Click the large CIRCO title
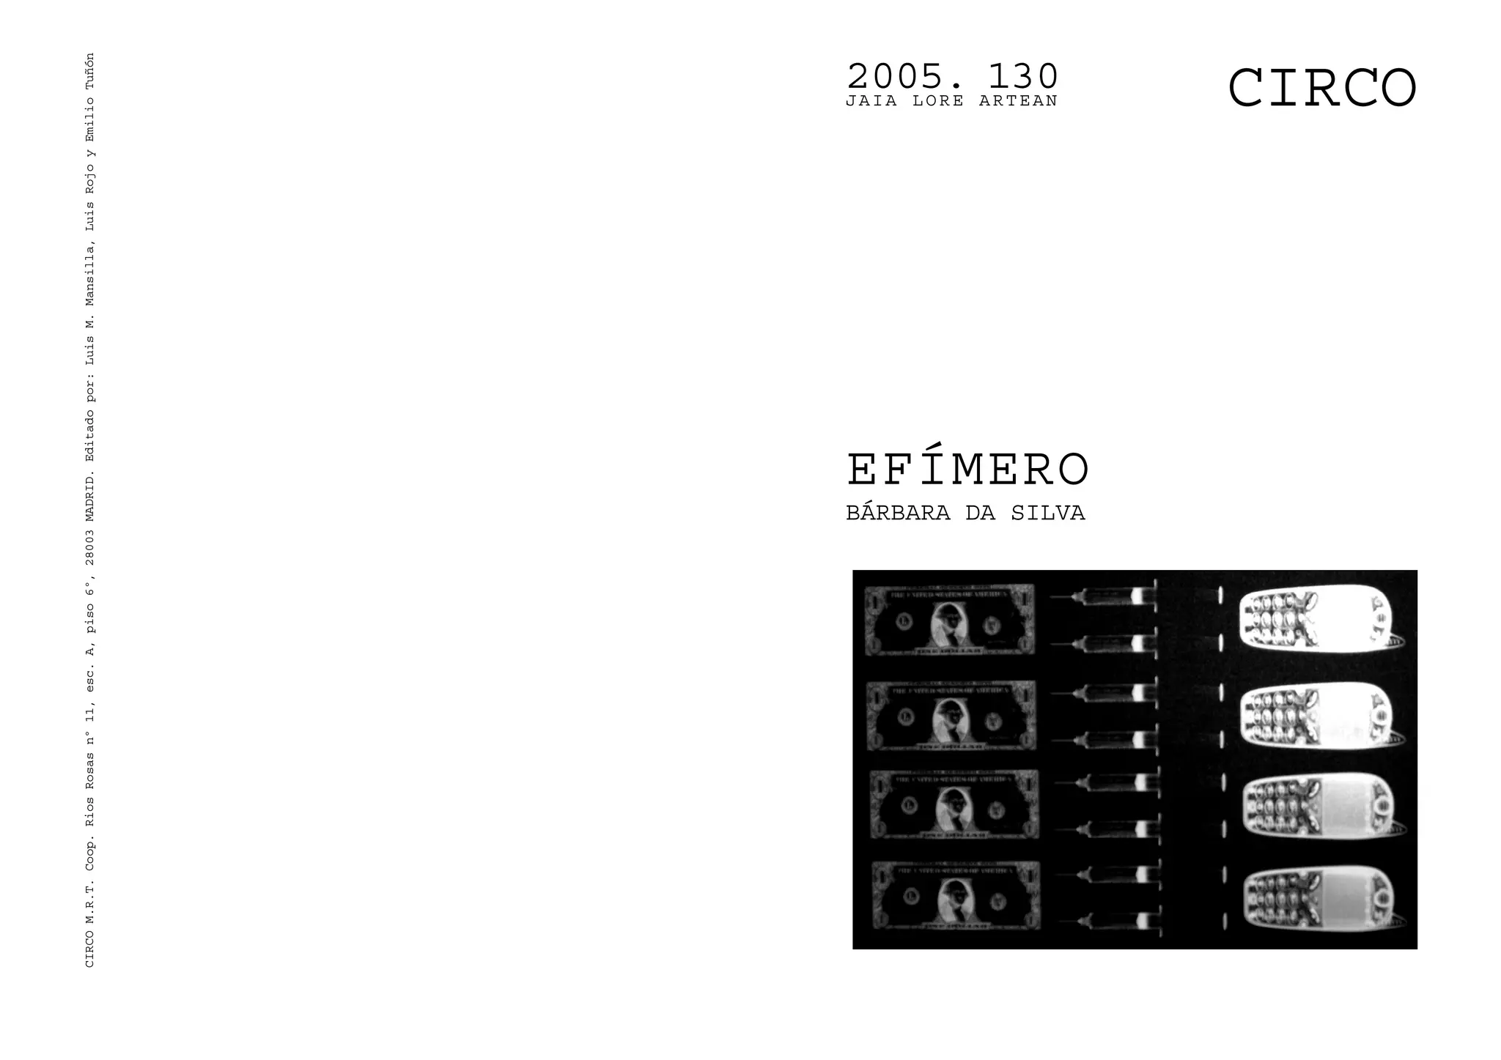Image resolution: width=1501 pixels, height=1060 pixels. [1321, 89]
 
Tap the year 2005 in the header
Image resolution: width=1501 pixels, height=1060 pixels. [900, 76]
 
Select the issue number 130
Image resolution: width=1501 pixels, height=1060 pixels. [1023, 76]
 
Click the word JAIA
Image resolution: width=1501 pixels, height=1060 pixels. [871, 101]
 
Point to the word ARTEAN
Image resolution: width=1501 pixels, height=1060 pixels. [1018, 101]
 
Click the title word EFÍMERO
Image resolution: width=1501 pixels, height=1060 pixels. [967, 470]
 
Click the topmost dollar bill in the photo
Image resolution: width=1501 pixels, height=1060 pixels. [950, 620]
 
